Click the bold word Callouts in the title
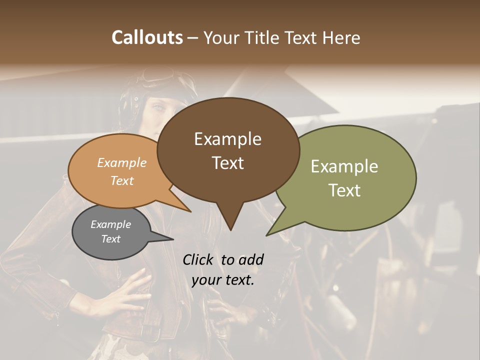tap(147, 38)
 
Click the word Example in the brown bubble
tap(227, 138)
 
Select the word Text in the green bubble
tap(344, 190)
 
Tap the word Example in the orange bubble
tap(122, 162)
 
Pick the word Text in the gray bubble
tap(111, 239)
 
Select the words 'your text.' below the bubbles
tap(223, 280)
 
